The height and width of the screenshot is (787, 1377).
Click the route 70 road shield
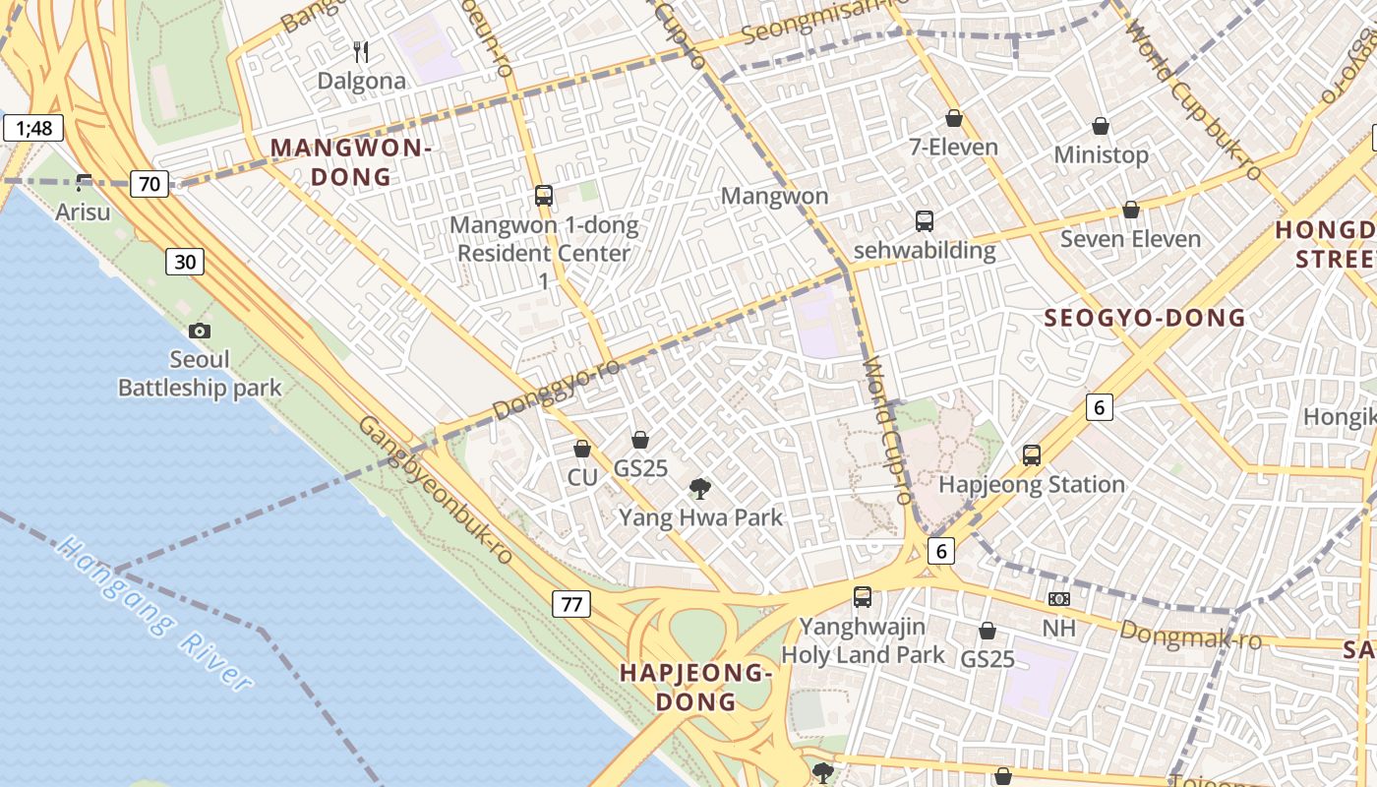pyautogui.click(x=150, y=183)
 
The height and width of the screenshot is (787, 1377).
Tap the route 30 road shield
pyautogui.click(x=185, y=261)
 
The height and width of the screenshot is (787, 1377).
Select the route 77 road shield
pyautogui.click(x=571, y=604)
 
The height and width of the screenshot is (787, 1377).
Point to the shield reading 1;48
pyautogui.click(x=33, y=128)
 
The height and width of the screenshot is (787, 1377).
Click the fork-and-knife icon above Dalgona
pyautogui.click(x=361, y=51)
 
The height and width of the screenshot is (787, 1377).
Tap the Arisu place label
pyautogui.click(x=83, y=212)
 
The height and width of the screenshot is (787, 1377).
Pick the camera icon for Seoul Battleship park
pyautogui.click(x=200, y=331)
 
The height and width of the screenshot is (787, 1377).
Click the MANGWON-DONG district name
pyautogui.click(x=351, y=162)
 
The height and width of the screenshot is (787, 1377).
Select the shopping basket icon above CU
pyautogui.click(x=582, y=449)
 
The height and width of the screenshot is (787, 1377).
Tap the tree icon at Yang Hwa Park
pyautogui.click(x=700, y=487)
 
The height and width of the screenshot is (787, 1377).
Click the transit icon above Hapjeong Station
pyautogui.click(x=1031, y=455)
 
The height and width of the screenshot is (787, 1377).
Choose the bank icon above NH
pyautogui.click(x=1059, y=598)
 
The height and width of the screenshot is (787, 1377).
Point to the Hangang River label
pyautogui.click(x=154, y=614)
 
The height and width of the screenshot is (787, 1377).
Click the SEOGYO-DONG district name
pyautogui.click(x=1145, y=318)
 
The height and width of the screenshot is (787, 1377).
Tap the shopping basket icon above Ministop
pyautogui.click(x=1101, y=126)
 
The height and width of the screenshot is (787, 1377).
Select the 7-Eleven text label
pyautogui.click(x=953, y=148)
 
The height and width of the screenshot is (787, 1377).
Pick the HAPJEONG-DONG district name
pyautogui.click(x=695, y=687)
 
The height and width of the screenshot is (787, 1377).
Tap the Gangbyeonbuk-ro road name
pyautogui.click(x=435, y=489)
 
